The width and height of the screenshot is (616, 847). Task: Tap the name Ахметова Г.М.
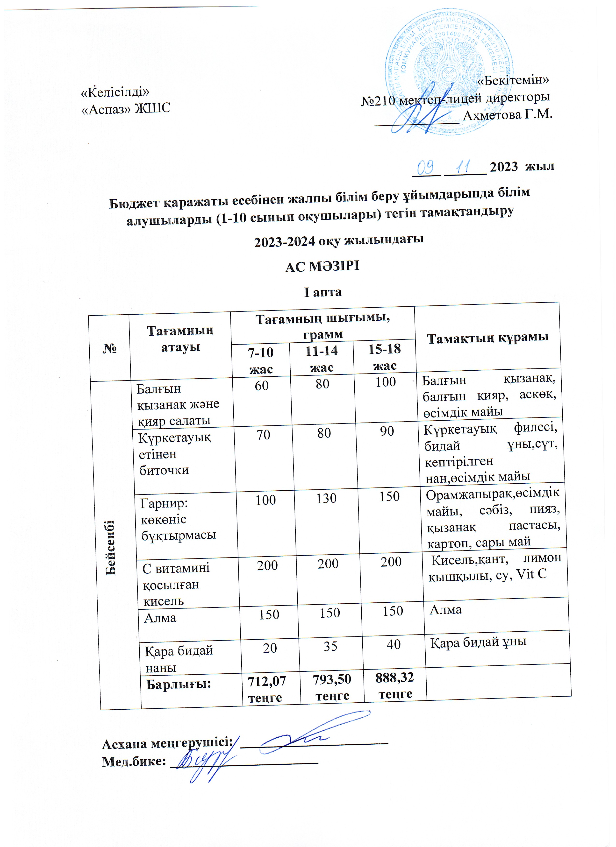tap(507, 114)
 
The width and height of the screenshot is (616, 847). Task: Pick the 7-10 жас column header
tap(261, 360)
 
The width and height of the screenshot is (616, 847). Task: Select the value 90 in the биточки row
tap(387, 431)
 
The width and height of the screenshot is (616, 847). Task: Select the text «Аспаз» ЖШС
tap(126, 108)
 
